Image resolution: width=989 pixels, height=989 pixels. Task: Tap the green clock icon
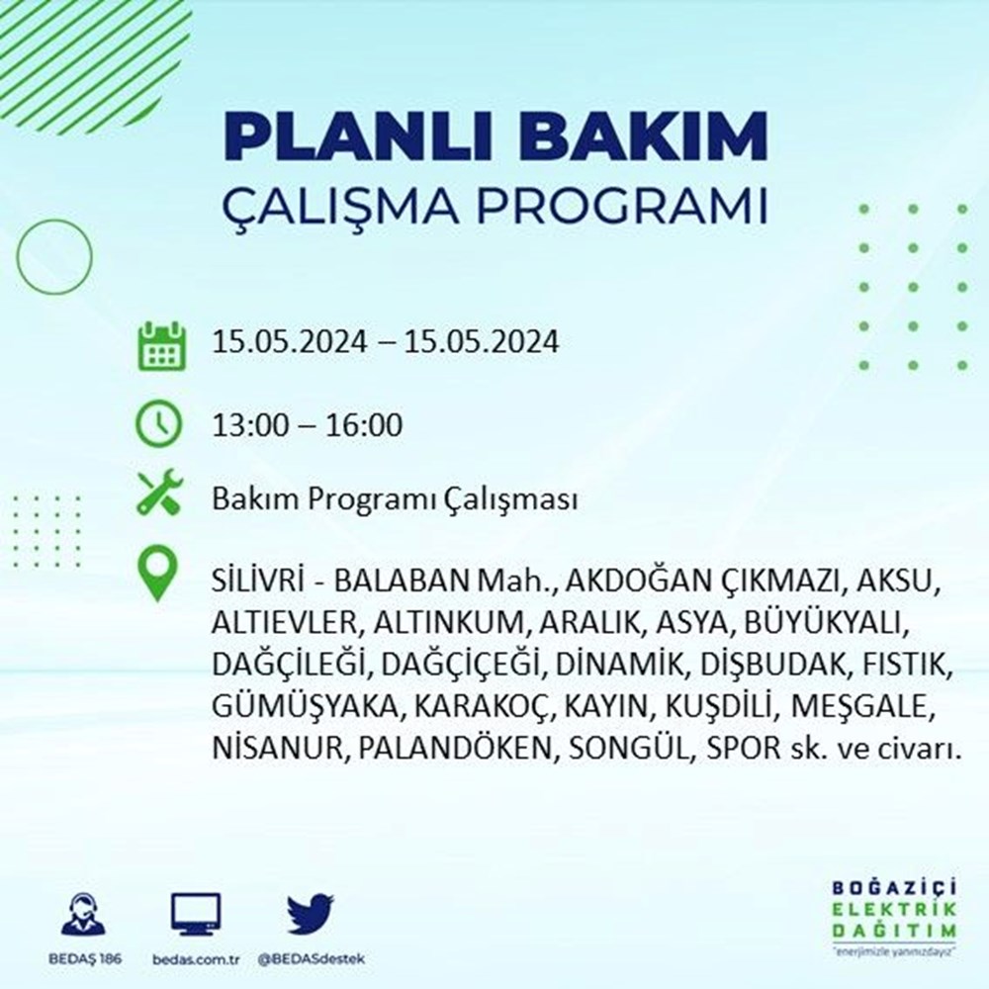click(159, 423)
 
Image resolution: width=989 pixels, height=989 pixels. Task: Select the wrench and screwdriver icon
click(159, 493)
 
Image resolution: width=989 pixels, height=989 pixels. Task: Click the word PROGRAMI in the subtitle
click(622, 207)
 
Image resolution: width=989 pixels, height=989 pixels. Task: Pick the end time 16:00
click(364, 425)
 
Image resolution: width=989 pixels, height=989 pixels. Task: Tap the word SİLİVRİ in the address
click(258, 581)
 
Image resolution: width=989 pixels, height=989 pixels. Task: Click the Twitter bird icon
click(311, 913)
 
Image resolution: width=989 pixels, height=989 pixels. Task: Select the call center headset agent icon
click(84, 913)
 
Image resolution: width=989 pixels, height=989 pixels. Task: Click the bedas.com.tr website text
click(196, 959)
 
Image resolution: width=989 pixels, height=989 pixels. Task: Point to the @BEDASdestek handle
click(311, 959)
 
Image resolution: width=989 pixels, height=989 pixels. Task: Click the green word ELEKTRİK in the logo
click(894, 910)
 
